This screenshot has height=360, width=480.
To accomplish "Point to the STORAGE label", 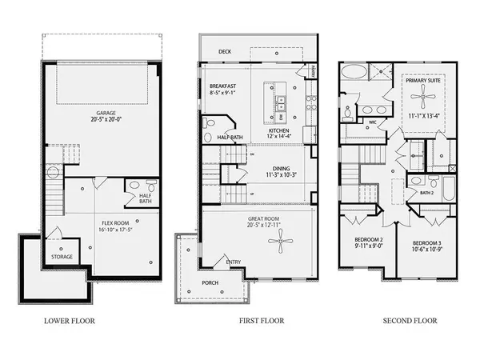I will pos(63,257).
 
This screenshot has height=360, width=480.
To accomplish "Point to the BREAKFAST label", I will pos(223,86).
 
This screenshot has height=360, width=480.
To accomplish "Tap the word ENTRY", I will pos(234,261).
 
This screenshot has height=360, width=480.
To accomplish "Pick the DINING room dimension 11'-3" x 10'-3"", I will pos(280,175).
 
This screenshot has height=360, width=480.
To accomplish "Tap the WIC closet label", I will pos(372,122).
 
